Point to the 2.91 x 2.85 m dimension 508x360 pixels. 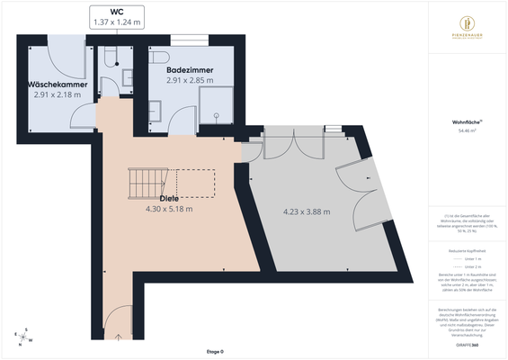click(189, 81)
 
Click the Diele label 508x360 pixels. click(168, 198)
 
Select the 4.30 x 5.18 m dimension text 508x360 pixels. click(168, 209)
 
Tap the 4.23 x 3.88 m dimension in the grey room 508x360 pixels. click(306, 212)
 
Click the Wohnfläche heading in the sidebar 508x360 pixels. click(466, 120)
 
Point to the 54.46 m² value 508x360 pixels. click(466, 130)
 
